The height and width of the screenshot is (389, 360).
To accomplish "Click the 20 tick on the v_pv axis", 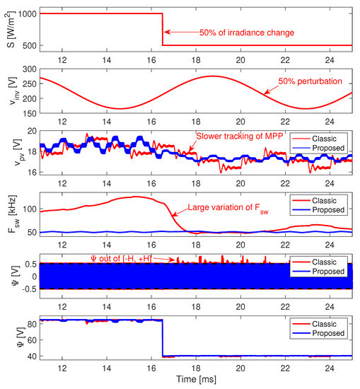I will (31, 130).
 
